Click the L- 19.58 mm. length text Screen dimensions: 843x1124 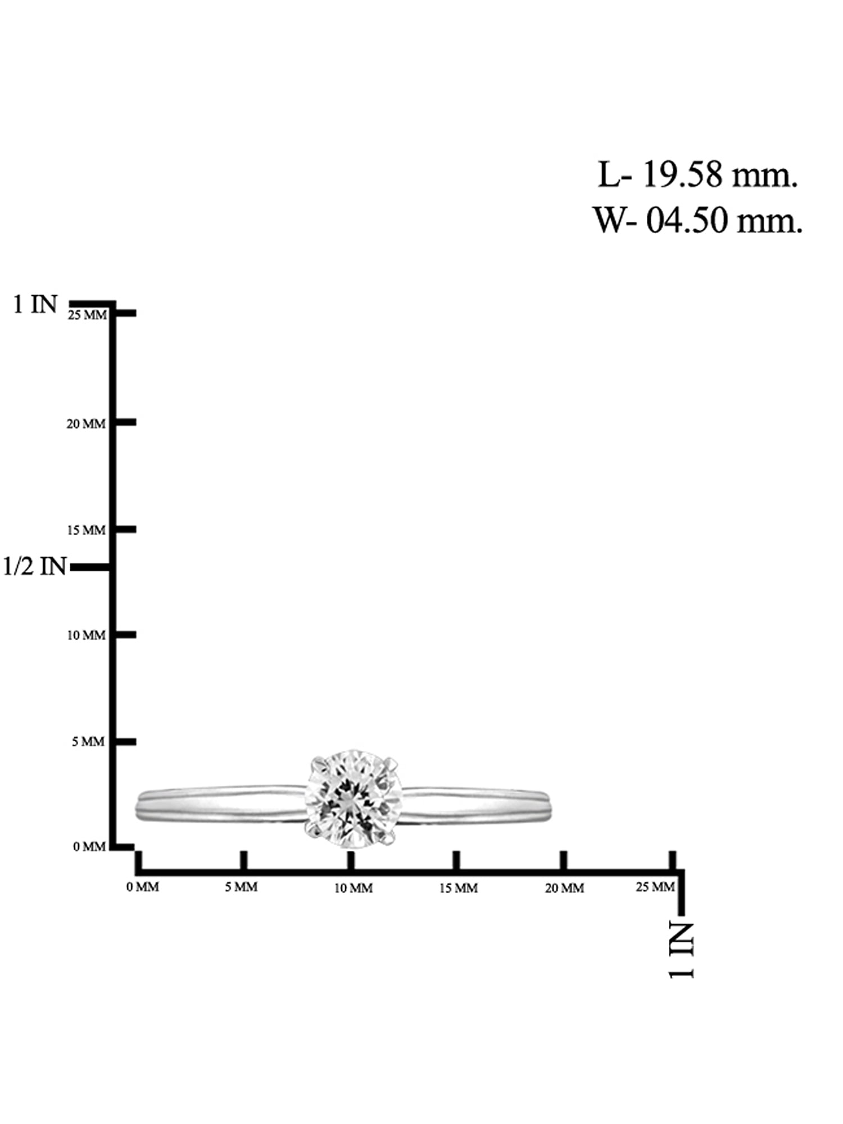[x=697, y=175]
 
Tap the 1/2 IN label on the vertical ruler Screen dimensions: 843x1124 [x=35, y=566]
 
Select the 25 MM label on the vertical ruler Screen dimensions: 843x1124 [x=87, y=315]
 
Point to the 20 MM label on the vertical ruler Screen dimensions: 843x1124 [x=86, y=424]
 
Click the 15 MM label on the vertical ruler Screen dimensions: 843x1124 [x=87, y=531]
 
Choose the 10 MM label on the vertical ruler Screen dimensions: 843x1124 [x=87, y=636]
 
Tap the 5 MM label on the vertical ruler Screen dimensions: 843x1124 [x=88, y=742]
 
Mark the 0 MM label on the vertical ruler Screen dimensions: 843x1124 [x=89, y=847]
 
